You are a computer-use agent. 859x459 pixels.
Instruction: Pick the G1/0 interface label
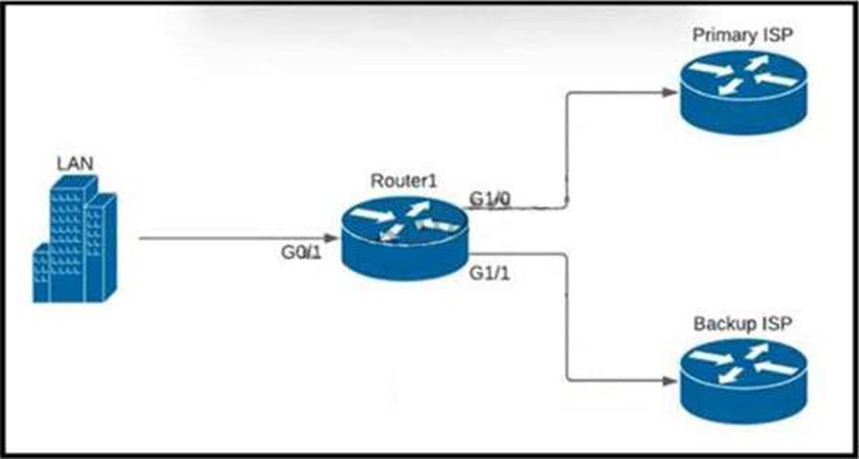coord(489,198)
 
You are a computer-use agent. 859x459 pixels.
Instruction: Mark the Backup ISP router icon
coord(741,379)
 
